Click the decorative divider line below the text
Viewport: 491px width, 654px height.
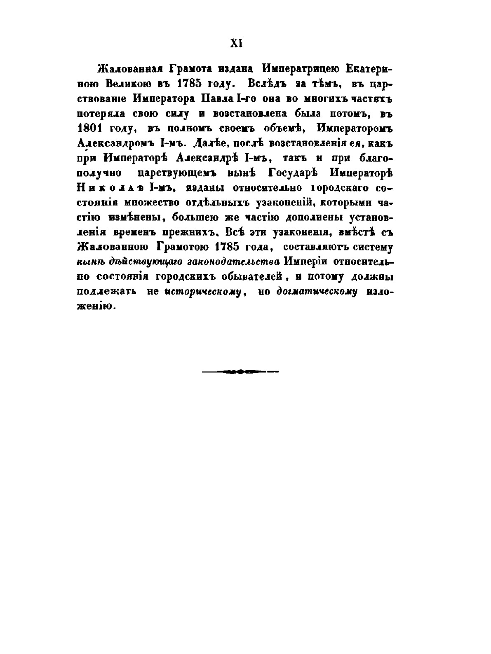click(x=240, y=371)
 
